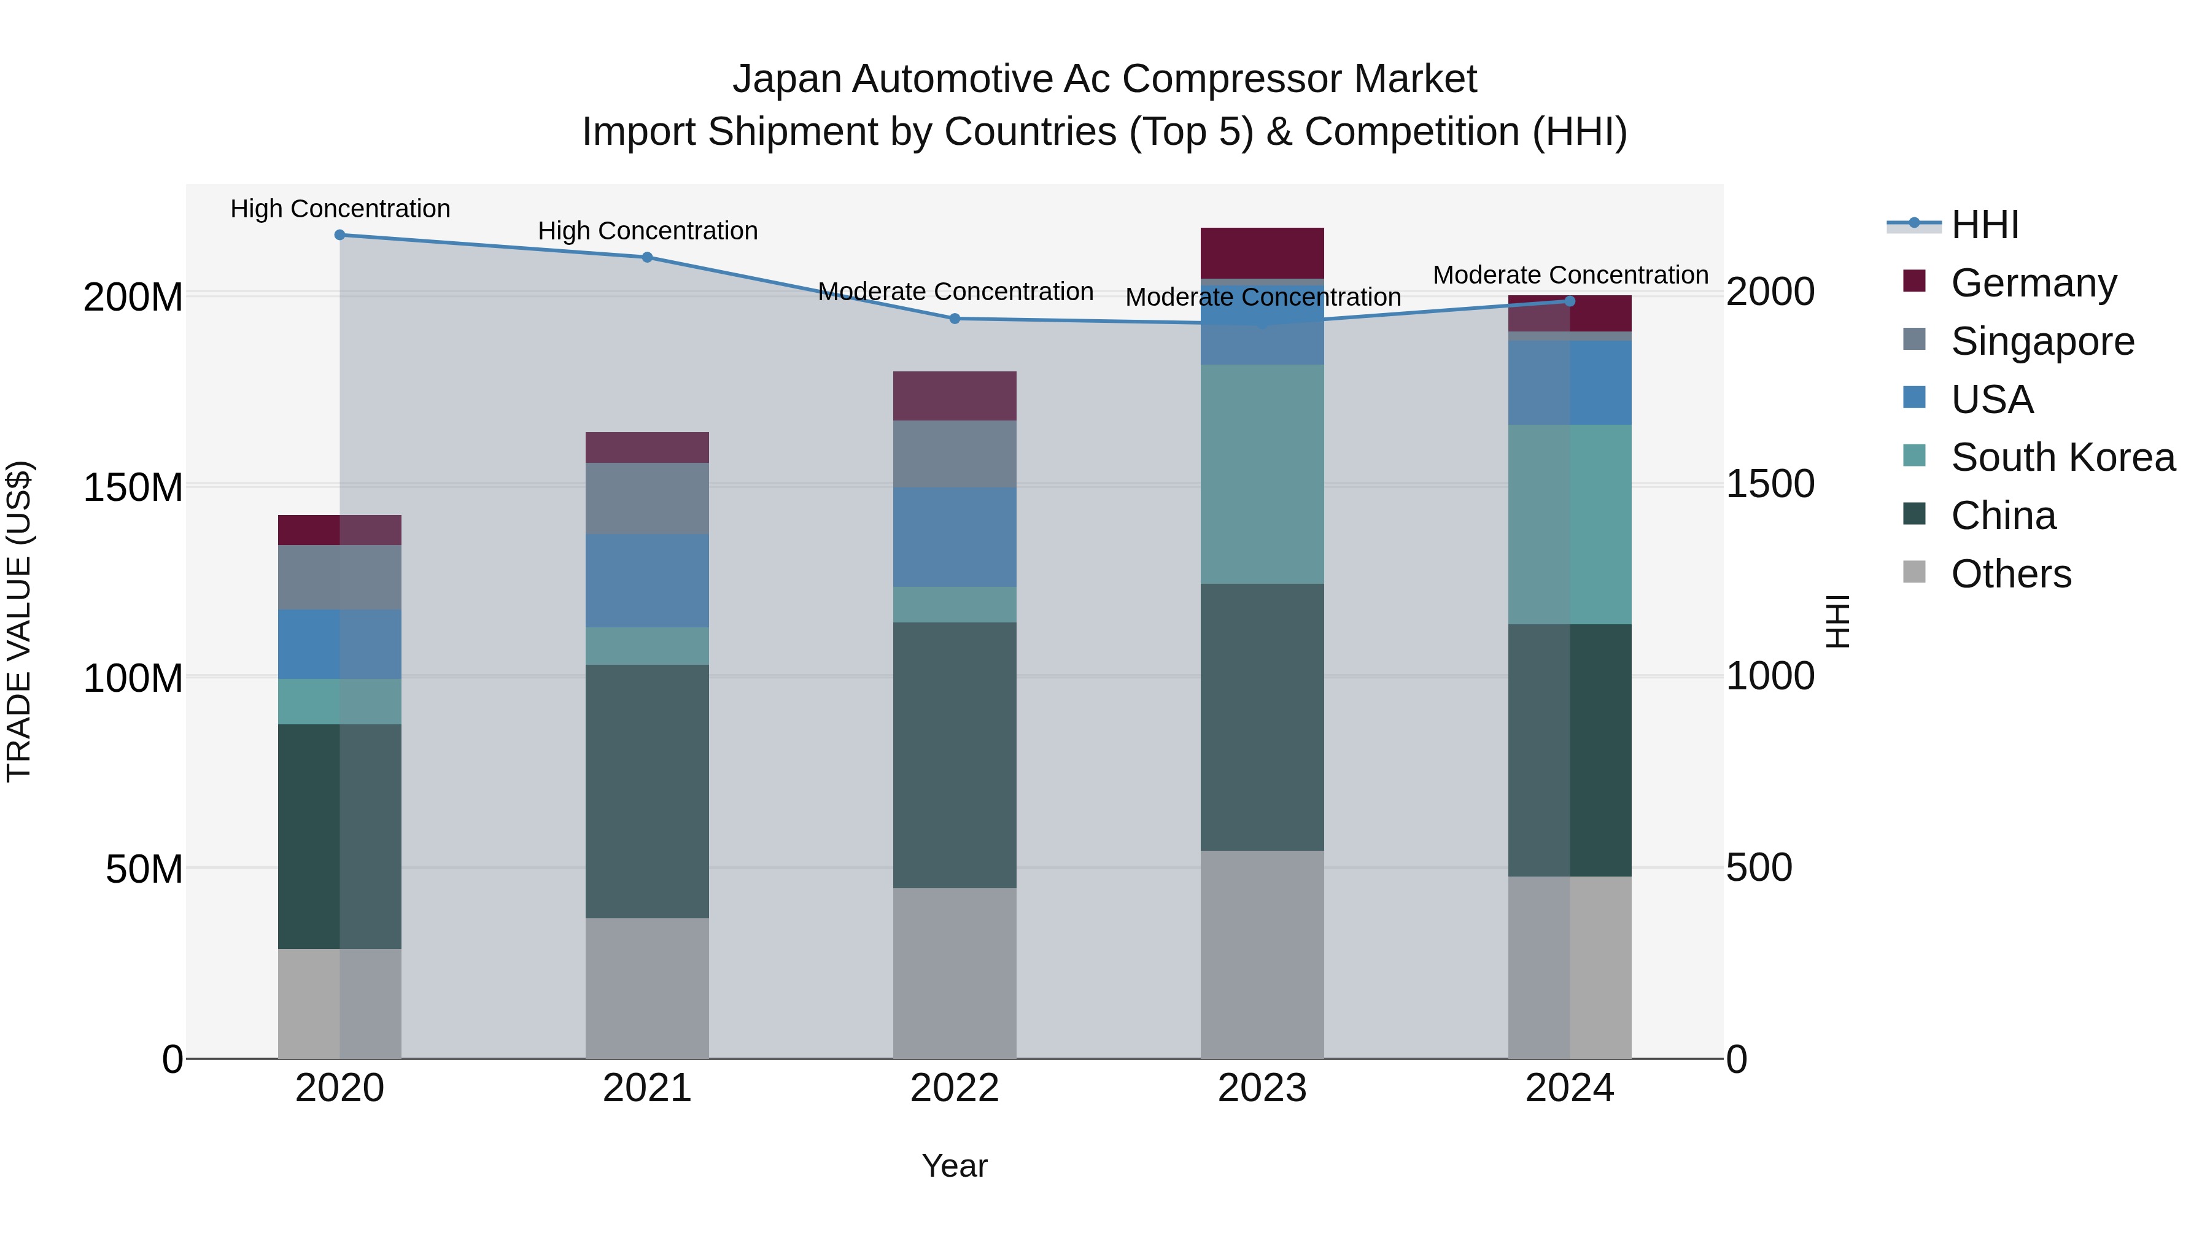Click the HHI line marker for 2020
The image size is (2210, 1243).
(x=339, y=235)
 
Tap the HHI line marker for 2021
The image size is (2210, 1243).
(x=648, y=257)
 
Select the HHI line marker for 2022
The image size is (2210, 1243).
(x=955, y=318)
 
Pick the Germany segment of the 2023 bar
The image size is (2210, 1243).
(x=1262, y=253)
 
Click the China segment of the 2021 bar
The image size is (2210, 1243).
(x=648, y=791)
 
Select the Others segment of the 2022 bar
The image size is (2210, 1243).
(x=955, y=973)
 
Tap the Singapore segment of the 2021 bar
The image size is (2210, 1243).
(x=648, y=498)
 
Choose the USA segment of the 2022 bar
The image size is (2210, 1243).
(x=955, y=537)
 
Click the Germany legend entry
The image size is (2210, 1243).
(x=2033, y=283)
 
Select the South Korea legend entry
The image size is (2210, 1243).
(x=2063, y=457)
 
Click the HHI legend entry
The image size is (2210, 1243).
(x=1984, y=225)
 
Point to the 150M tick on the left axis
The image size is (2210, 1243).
(x=133, y=487)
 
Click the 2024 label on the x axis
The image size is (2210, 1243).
(x=1569, y=1088)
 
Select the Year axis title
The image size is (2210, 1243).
(x=954, y=1166)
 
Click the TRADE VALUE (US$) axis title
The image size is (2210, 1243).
(x=19, y=621)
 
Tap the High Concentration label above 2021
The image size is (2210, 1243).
(x=648, y=231)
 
